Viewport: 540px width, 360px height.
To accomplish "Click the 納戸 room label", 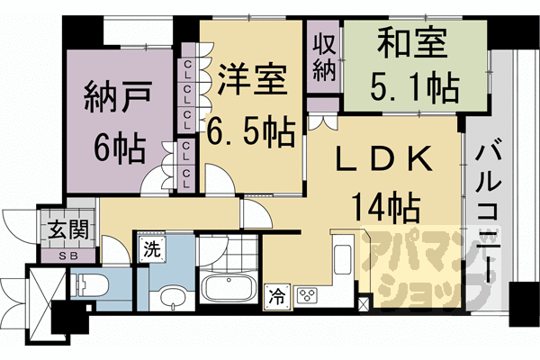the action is coord(118,97).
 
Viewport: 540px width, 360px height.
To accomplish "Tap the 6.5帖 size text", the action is coord(250,132).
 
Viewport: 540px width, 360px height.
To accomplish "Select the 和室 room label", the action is coord(412,42).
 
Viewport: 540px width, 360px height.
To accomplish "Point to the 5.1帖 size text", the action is coord(415,88).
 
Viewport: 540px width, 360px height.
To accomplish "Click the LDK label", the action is coord(384,158).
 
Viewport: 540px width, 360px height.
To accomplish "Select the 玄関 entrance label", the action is coord(68,229).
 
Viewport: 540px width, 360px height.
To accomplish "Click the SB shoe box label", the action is coord(68,256).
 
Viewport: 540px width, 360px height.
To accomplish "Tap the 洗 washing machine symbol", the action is coord(152,249).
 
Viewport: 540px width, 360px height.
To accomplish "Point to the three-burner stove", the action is coord(308,296).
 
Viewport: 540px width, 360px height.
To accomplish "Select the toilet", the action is coord(91,285).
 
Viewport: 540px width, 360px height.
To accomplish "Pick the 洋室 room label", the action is coord(252,80).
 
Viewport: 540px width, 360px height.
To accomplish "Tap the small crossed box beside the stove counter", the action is coord(364,302).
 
